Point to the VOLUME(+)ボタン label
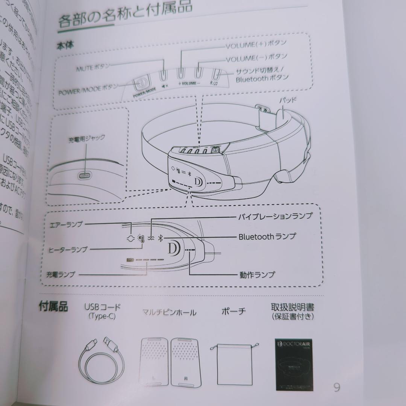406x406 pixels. point(256,45)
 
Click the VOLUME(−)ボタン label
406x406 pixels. point(256,58)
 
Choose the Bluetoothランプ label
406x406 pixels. point(267,236)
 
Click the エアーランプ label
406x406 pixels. point(66,225)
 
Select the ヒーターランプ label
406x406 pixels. point(68,249)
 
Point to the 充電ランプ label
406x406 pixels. point(61,275)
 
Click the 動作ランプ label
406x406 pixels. point(257,274)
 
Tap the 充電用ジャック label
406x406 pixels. point(86,138)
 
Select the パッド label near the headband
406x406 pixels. point(288,100)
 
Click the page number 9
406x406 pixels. point(336,387)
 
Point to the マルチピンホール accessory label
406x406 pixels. point(169,312)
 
